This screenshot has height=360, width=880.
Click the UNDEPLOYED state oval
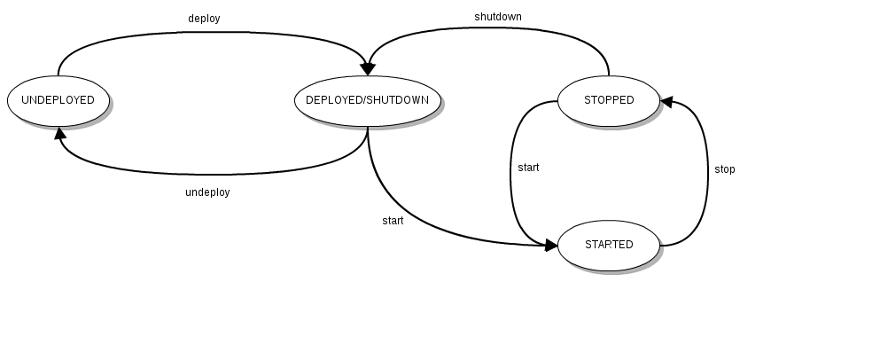tap(58, 100)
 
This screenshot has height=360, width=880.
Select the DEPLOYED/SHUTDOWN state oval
tap(367, 100)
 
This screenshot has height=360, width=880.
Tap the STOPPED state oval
tap(609, 100)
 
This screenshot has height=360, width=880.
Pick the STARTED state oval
tap(609, 245)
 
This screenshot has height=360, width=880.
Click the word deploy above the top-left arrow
tap(203, 18)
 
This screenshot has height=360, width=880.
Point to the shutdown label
tap(497, 16)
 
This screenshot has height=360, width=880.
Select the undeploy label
tap(207, 192)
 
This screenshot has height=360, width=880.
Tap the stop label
tap(724, 169)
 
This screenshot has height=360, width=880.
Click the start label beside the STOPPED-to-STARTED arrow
tap(528, 168)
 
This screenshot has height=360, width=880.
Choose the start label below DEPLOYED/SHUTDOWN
tap(393, 221)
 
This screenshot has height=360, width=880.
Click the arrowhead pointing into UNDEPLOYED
tap(59, 134)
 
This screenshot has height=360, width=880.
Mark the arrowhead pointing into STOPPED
tap(667, 103)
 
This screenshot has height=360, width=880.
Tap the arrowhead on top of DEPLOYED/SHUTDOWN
tap(367, 68)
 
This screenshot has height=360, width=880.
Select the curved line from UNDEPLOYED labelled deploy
tap(213, 33)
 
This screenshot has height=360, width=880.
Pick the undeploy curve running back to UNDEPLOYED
tap(213, 174)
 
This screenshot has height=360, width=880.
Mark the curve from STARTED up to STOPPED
tap(707, 177)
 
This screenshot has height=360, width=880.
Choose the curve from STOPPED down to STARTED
tap(510, 177)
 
